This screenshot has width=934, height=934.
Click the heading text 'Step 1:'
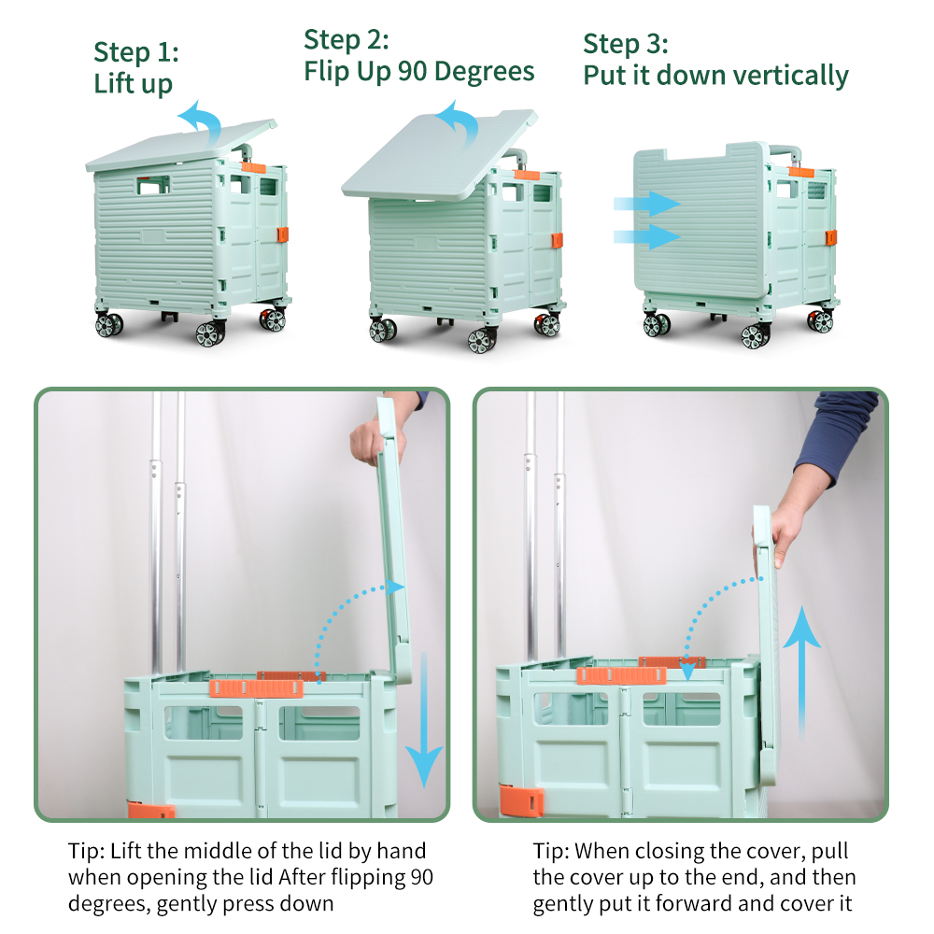tap(136, 51)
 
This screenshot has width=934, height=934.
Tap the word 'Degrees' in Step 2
tap(484, 72)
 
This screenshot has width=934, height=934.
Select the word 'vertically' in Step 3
tap(790, 76)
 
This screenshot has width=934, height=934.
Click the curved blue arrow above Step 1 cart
tap(202, 120)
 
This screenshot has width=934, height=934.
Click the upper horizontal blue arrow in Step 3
tap(647, 204)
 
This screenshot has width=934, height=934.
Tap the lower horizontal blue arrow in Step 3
tap(647, 236)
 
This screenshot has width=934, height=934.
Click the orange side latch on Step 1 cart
tap(283, 234)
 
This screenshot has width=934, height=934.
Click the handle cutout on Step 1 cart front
tap(153, 185)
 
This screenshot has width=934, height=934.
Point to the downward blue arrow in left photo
tap(424, 720)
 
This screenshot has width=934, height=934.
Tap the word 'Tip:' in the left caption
tap(86, 851)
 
